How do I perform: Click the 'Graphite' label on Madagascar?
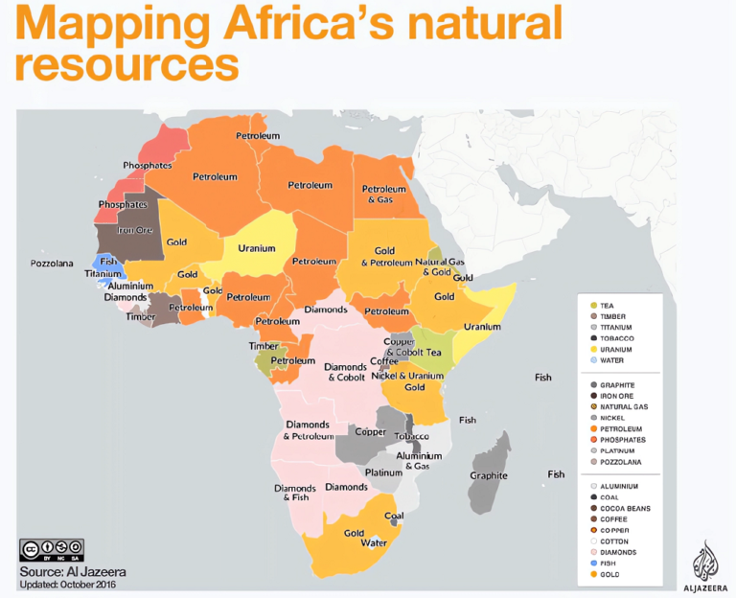coord(489,475)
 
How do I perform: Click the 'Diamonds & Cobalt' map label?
coord(344,372)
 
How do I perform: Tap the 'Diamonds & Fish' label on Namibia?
coord(295,493)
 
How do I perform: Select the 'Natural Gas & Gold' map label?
coord(440,266)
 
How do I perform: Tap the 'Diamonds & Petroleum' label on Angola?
coord(308,430)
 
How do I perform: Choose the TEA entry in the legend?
coord(607,305)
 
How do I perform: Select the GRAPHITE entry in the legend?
coord(617,384)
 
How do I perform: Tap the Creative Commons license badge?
coord(50,549)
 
